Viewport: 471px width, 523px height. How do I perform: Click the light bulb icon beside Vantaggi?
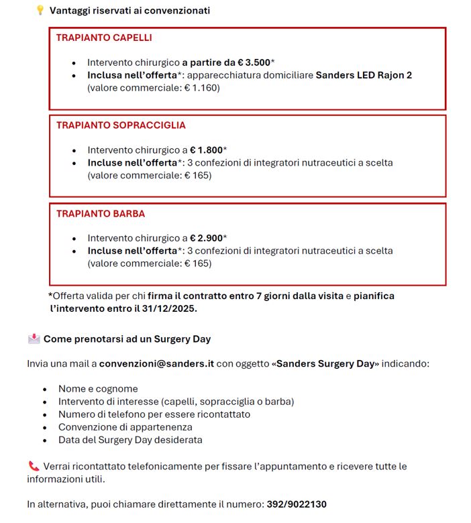40,10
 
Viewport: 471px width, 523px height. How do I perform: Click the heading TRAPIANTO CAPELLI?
104,38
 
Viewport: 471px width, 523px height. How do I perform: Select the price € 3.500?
245,62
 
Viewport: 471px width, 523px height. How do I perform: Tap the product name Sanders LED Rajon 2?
364,74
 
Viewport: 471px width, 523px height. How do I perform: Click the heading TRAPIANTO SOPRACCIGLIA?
121,125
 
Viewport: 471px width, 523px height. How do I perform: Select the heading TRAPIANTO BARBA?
101,214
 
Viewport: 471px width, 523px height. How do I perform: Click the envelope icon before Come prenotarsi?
34,339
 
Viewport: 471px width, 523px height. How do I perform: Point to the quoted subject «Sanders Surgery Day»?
325,363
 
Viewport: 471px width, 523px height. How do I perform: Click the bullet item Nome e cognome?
98,389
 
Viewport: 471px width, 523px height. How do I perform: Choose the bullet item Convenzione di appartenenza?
125,427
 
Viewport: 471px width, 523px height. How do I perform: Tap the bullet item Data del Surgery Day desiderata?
130,440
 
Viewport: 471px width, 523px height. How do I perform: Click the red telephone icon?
34,466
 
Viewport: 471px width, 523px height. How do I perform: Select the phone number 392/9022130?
296,504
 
